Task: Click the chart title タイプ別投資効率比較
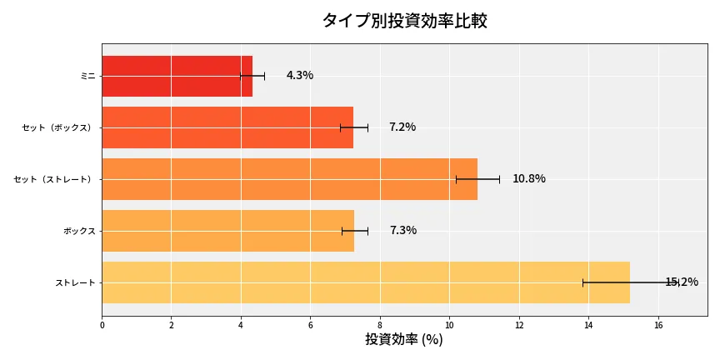[404, 21]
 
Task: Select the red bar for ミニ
[177, 76]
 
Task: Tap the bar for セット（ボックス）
[227, 127]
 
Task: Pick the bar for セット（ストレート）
[289, 179]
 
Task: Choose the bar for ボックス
[227, 231]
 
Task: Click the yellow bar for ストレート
[365, 282]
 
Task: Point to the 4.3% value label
[300, 76]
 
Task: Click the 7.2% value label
[402, 127]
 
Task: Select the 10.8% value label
[529, 179]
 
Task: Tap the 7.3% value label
[403, 231]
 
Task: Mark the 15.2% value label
[682, 282]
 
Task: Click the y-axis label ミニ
[87, 76]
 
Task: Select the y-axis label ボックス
[79, 231]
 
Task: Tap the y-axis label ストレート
[75, 282]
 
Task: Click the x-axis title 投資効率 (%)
[404, 340]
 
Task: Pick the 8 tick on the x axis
[380, 325]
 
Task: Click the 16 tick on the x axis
[658, 325]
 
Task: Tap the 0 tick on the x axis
[102, 325]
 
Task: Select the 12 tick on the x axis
[519, 325]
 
